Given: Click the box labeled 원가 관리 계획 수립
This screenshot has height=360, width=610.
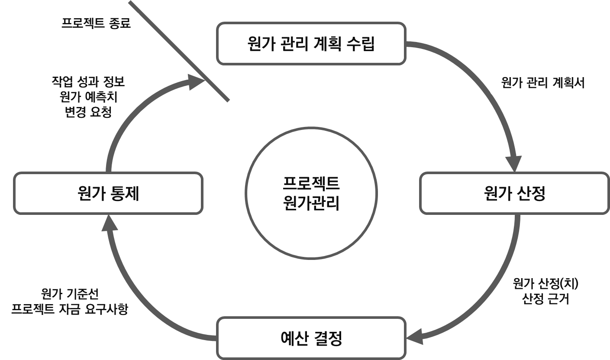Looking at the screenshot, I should [x=311, y=43].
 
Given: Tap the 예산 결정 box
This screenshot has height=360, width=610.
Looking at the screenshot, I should [x=311, y=338].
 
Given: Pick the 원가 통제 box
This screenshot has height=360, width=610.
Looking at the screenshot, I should [x=108, y=193].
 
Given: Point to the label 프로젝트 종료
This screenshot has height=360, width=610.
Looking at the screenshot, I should [x=96, y=23].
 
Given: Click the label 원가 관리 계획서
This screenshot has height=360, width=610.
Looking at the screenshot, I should [x=542, y=83].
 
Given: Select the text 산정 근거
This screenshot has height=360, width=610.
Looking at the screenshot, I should [x=545, y=298].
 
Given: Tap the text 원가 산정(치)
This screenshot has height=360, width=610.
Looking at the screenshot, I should [x=545, y=284].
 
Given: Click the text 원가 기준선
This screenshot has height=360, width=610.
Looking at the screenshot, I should [x=70, y=295].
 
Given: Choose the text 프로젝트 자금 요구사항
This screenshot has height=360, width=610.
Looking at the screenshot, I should [x=70, y=309].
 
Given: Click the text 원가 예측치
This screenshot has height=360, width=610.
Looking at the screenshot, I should [x=88, y=97].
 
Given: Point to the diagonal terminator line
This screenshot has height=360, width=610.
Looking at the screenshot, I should [x=178, y=51].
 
